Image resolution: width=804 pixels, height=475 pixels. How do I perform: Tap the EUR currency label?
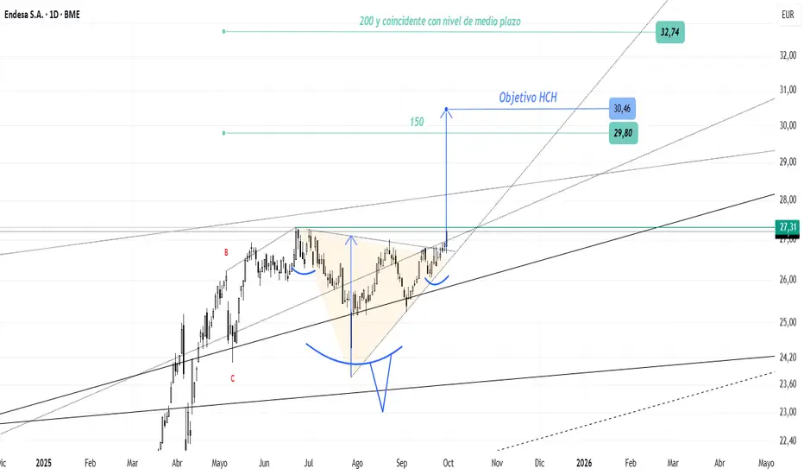(x=786, y=16)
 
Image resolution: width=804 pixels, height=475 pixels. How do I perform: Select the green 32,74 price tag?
(x=669, y=33)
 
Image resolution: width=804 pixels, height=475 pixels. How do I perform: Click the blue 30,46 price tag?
(x=622, y=109)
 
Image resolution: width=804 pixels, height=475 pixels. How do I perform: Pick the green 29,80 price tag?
(x=622, y=133)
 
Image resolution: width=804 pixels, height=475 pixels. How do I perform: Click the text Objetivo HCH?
(x=528, y=98)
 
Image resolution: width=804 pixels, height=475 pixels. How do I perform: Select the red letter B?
(x=226, y=252)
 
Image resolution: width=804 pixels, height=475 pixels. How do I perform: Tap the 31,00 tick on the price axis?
(x=785, y=90)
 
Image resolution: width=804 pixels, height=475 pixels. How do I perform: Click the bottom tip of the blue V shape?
(x=380, y=410)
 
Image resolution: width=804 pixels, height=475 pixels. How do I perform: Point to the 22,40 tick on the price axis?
(x=785, y=440)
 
